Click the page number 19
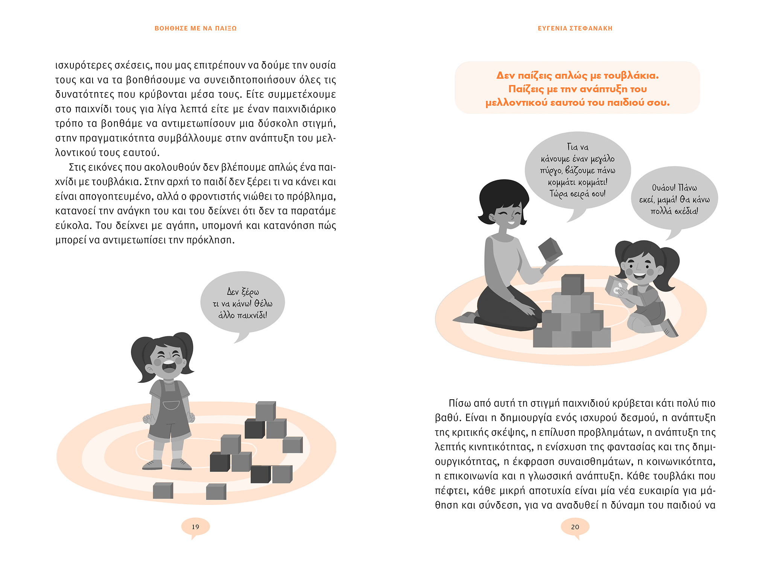(x=195, y=527)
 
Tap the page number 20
(x=575, y=527)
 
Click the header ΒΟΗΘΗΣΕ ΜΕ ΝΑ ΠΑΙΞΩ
(x=196, y=28)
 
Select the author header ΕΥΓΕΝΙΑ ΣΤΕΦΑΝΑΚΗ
(x=575, y=28)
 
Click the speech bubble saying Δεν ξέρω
(x=242, y=303)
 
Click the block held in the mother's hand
(x=550, y=249)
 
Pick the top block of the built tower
(x=572, y=285)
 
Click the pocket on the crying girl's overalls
(x=171, y=405)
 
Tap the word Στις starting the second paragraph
(x=78, y=167)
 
